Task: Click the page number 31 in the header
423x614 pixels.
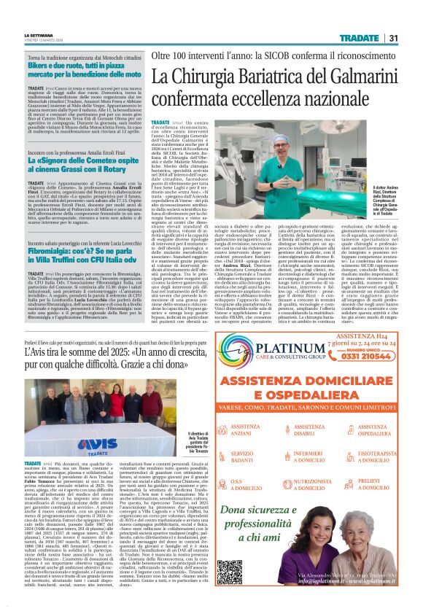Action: pos(393,38)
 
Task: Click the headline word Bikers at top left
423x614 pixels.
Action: pos(42,66)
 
